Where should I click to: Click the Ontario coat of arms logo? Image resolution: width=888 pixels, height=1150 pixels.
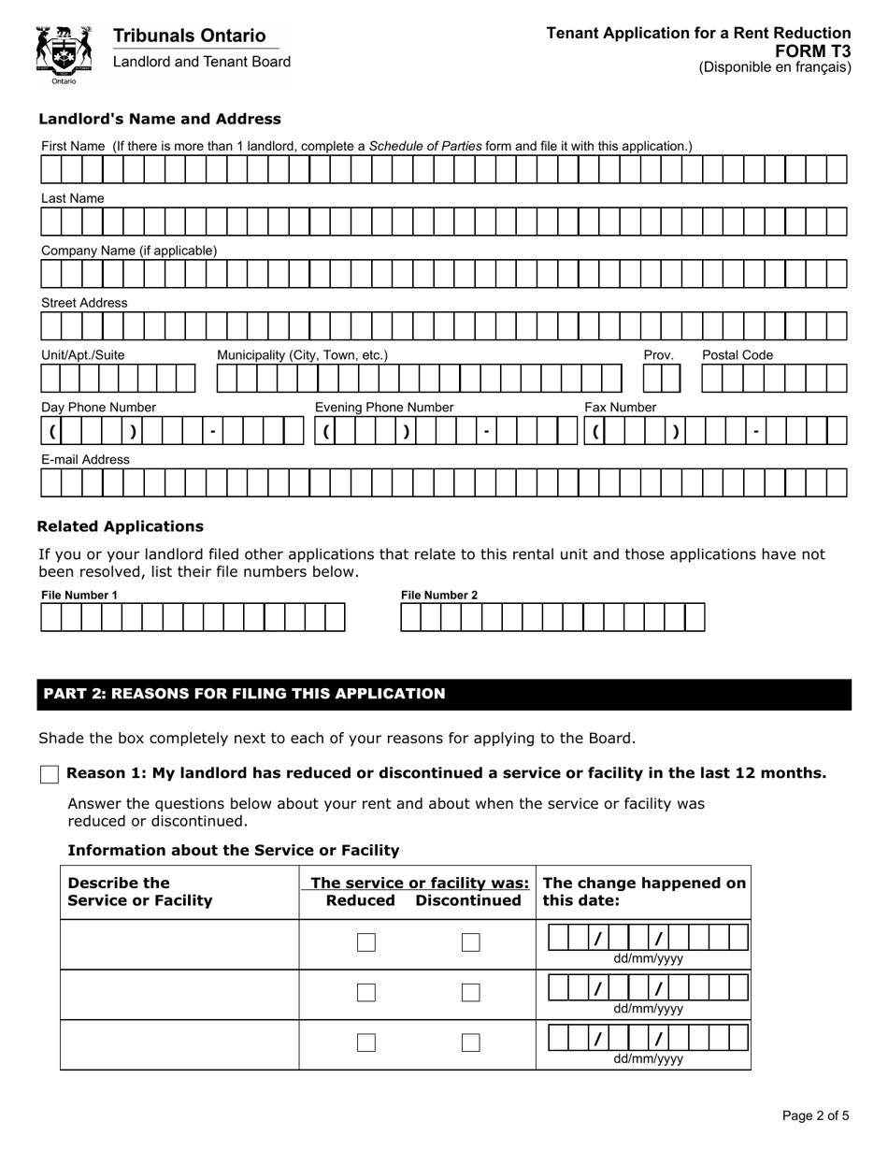[64, 54]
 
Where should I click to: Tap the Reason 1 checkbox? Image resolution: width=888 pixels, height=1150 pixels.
[50, 774]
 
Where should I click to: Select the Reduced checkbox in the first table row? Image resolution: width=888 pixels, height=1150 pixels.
[366, 942]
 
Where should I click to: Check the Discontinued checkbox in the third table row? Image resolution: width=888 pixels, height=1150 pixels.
[471, 1042]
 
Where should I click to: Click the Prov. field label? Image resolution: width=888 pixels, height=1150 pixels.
[658, 355]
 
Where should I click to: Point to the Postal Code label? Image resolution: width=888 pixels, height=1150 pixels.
[738, 355]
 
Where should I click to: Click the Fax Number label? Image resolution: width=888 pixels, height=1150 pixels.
[620, 408]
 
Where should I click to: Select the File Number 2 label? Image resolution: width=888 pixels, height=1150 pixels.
[439, 596]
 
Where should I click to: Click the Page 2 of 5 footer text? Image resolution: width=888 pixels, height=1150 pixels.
[815, 1115]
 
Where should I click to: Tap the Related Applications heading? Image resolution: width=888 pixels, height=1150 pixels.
[120, 526]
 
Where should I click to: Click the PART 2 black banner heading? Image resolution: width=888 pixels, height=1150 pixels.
[444, 694]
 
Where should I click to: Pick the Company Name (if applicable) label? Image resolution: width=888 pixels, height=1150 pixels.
[129, 251]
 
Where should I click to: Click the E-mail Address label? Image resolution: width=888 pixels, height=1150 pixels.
[85, 460]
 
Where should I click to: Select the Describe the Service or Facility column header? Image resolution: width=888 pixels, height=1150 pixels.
[140, 892]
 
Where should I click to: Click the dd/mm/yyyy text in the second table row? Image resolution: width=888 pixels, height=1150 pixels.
[648, 1009]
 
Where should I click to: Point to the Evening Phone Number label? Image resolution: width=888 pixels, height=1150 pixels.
[384, 408]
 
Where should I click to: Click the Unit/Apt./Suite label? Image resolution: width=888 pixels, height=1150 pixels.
[83, 355]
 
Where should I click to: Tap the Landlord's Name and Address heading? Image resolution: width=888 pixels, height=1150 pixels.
[159, 119]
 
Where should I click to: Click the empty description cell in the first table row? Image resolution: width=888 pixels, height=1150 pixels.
[179, 943]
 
